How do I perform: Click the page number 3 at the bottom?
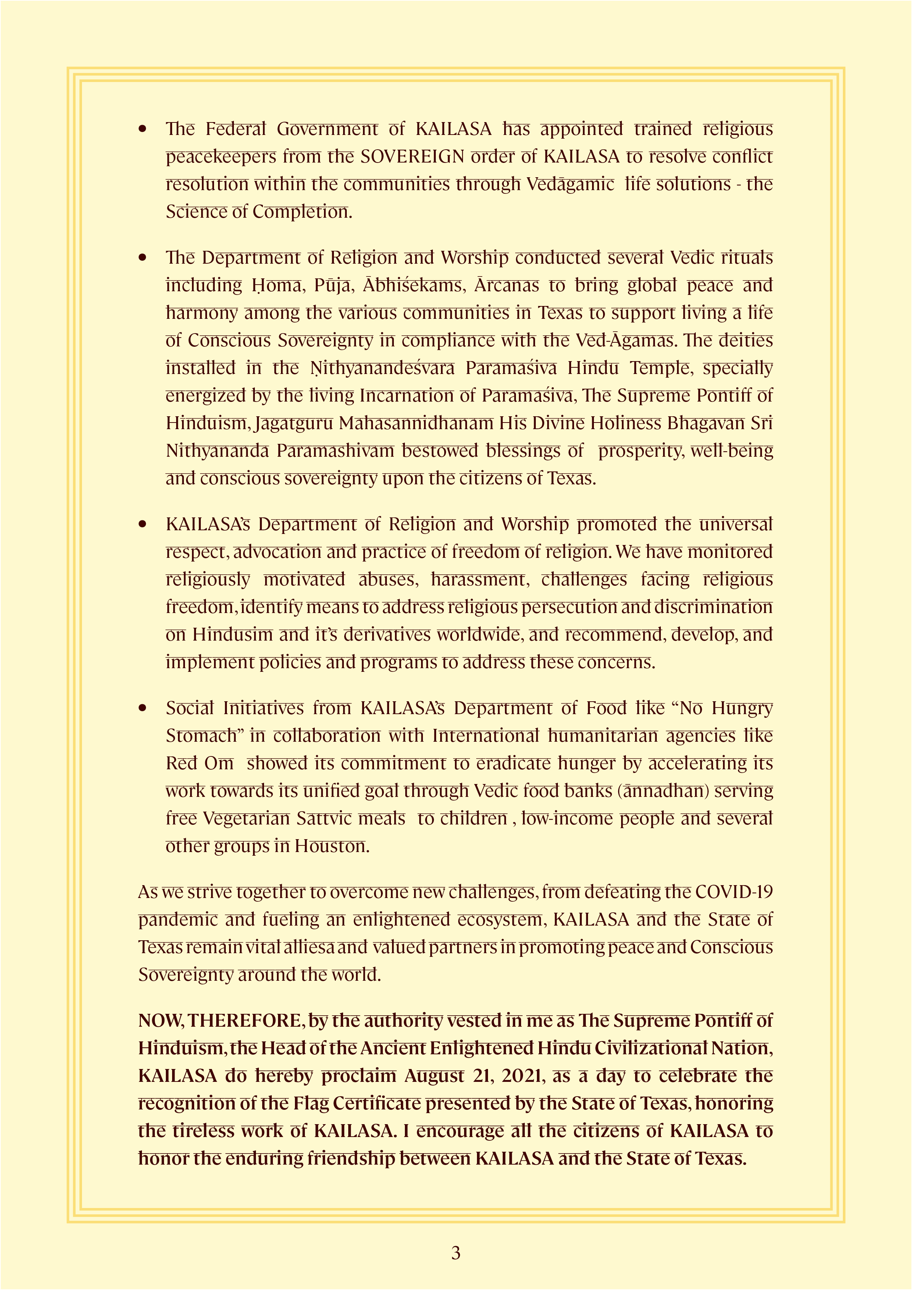click(456, 1252)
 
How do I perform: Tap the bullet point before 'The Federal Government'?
click(143, 129)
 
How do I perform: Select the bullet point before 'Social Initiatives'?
click(143, 709)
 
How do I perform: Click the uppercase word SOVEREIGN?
click(413, 157)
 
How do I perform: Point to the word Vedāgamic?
click(570, 184)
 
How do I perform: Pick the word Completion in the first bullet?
click(302, 212)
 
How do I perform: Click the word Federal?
click(235, 129)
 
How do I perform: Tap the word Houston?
click(332, 846)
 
